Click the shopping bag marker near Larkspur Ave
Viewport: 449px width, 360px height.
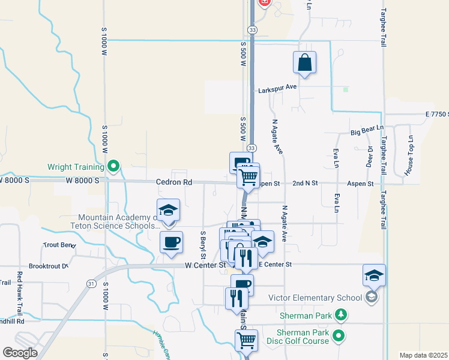pyautogui.click(x=305, y=63)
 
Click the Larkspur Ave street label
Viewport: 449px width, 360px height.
pyautogui.click(x=277, y=88)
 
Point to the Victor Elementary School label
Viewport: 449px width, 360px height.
pyautogui.click(x=315, y=298)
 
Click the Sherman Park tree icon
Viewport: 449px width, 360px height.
pyautogui.click(x=341, y=314)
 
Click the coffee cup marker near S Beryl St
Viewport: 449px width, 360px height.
pyautogui.click(x=171, y=242)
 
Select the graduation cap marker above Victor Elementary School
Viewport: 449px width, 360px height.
pyautogui.click(x=374, y=276)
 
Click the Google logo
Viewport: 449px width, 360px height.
pyautogui.click(x=20, y=352)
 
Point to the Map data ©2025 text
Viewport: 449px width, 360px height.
pyautogui.click(x=423, y=355)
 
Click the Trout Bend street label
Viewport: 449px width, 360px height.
pyautogui.click(x=59, y=245)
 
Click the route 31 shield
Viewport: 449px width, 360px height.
pyautogui.click(x=91, y=284)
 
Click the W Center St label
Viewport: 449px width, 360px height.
pyautogui.click(x=205, y=265)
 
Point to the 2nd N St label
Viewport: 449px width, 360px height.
pyautogui.click(x=305, y=184)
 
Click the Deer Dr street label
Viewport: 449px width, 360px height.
pyautogui.click(x=369, y=157)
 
